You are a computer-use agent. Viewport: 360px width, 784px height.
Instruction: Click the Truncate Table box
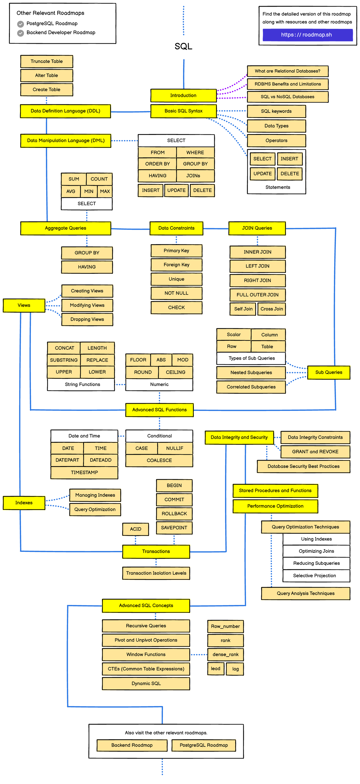(x=46, y=61)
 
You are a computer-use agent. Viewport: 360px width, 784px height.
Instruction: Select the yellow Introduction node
(x=183, y=96)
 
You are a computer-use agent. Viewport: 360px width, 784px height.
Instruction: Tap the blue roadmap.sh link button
(x=307, y=35)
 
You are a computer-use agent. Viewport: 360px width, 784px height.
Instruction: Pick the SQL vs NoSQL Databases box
(x=288, y=97)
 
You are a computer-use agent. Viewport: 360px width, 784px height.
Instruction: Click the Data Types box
(x=276, y=126)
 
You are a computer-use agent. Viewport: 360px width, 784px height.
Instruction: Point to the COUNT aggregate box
(x=99, y=179)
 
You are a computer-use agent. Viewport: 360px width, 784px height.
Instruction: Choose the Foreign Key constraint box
(x=176, y=265)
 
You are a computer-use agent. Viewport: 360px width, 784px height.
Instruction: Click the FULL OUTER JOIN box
(x=257, y=295)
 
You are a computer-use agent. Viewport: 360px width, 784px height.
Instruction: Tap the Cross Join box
(x=271, y=309)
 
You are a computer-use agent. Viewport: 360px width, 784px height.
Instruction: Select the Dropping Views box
(x=87, y=319)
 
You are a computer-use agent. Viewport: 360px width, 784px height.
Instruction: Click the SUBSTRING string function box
(x=64, y=360)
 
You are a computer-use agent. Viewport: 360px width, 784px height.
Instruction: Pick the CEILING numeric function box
(x=175, y=372)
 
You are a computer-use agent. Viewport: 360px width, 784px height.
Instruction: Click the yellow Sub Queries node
(x=329, y=373)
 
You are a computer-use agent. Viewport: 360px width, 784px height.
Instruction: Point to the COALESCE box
(x=159, y=460)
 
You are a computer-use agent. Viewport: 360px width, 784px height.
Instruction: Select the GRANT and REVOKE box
(x=315, y=452)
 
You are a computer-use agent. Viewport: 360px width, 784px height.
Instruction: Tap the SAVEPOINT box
(x=174, y=528)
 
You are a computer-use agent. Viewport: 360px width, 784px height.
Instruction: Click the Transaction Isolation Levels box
(x=156, y=573)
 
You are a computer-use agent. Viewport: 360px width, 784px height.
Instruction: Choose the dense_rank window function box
(x=226, y=654)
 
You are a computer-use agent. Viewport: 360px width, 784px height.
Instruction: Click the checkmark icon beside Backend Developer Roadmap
(x=21, y=33)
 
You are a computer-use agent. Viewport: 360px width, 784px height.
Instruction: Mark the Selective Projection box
(x=315, y=576)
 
